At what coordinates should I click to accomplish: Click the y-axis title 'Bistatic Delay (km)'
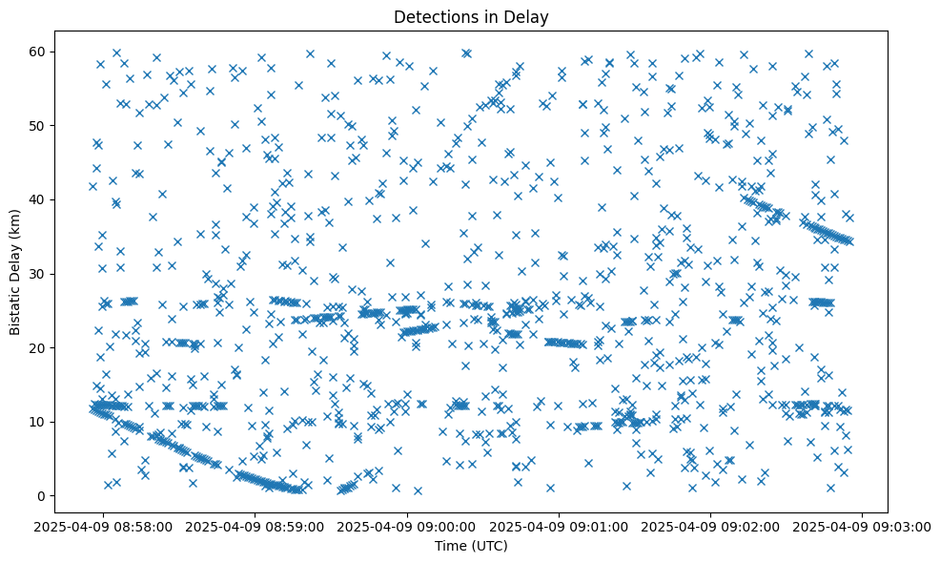point(16,272)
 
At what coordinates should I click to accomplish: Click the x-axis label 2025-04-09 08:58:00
point(104,526)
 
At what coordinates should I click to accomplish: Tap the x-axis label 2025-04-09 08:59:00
point(255,526)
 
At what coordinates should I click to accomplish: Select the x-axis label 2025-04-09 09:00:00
point(408,526)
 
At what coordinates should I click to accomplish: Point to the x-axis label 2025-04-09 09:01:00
point(560,526)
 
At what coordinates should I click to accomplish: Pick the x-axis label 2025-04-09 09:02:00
point(711,526)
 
